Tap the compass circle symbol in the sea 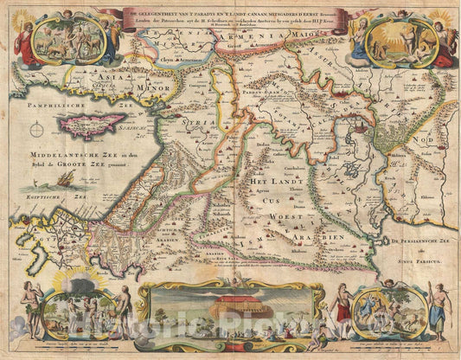click(38, 131)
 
